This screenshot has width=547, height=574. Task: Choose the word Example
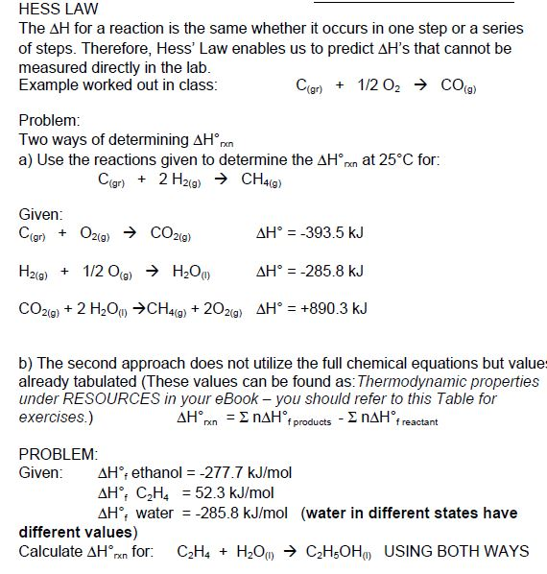tap(46, 85)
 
